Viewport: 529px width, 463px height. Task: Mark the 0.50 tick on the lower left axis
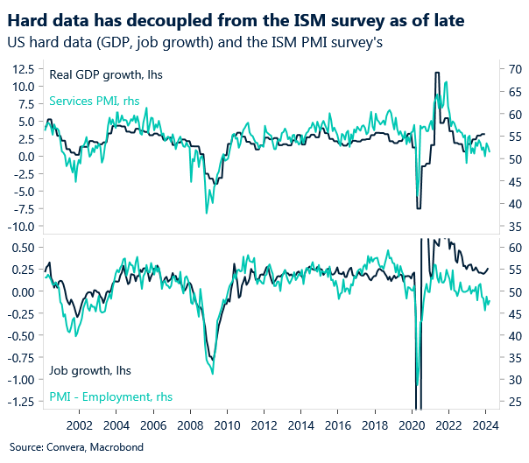coord(22,248)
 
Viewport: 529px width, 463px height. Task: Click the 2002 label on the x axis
coord(80,425)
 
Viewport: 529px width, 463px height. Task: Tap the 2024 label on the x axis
coord(486,425)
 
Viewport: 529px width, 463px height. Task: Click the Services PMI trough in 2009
coord(207,213)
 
